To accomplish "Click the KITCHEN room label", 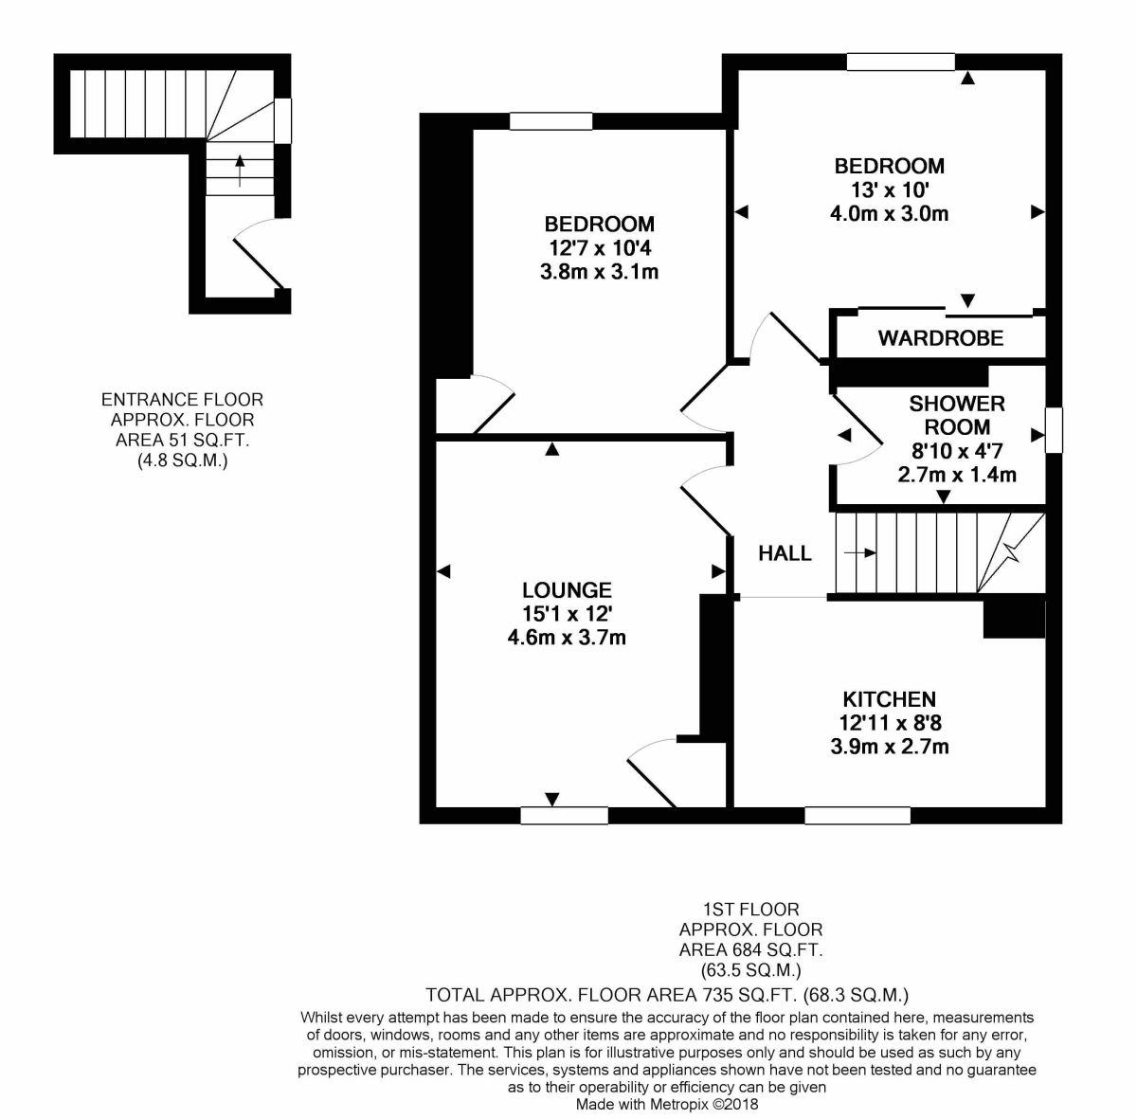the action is (x=889, y=699).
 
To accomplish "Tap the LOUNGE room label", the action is (x=567, y=590).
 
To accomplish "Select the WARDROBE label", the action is (x=941, y=338).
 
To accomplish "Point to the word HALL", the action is (x=785, y=553).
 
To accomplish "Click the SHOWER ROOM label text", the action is (x=957, y=415).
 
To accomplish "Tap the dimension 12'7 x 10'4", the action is (x=600, y=248).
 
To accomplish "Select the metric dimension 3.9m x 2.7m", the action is (x=889, y=748).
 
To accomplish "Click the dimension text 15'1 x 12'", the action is (x=567, y=614).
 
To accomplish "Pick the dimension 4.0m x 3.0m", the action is (x=889, y=213).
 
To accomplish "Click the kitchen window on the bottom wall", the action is (x=857, y=815).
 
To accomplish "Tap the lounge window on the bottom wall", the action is (x=564, y=815).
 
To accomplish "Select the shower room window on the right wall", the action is (x=1054, y=429).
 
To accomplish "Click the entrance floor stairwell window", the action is (x=282, y=120).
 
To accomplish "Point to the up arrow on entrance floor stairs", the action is (x=240, y=171).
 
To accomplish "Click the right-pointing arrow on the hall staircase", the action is (x=860, y=553).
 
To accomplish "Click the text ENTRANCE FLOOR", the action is (x=182, y=400).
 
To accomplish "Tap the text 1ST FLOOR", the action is (x=750, y=909).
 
